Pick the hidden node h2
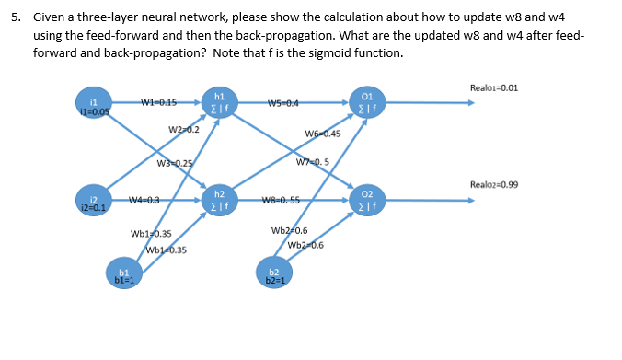219,200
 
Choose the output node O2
366,200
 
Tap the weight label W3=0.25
176,164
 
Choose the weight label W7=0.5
314,164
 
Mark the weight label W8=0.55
283,199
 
